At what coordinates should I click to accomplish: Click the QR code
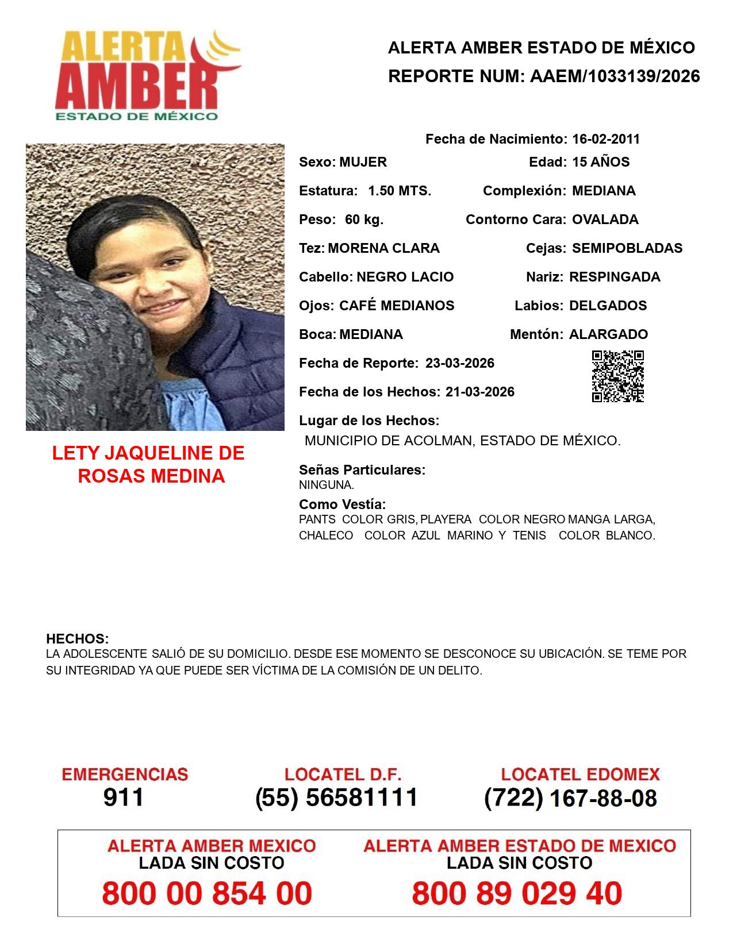click(x=617, y=376)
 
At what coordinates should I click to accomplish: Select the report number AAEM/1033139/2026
click(x=615, y=76)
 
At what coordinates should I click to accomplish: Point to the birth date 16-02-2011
click(x=605, y=139)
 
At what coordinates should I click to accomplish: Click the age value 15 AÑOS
click(x=601, y=162)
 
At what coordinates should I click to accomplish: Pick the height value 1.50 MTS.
click(x=400, y=191)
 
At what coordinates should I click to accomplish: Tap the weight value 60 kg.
click(x=364, y=219)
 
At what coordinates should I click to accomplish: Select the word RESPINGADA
click(x=615, y=277)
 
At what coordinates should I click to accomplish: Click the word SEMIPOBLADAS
click(x=627, y=248)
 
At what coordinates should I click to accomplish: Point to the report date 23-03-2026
click(x=460, y=363)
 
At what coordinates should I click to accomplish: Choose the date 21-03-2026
click(x=480, y=392)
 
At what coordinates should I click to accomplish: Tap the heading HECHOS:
click(x=77, y=639)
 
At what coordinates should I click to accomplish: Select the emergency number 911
click(x=124, y=797)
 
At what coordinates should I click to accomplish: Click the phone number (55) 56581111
click(x=336, y=797)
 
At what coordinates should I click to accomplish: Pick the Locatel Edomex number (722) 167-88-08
click(x=570, y=798)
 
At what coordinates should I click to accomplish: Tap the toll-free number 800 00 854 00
click(x=207, y=893)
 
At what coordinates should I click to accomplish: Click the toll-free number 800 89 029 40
click(x=517, y=893)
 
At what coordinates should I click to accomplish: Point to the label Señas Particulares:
click(x=362, y=470)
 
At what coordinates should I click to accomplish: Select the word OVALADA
click(x=605, y=219)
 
